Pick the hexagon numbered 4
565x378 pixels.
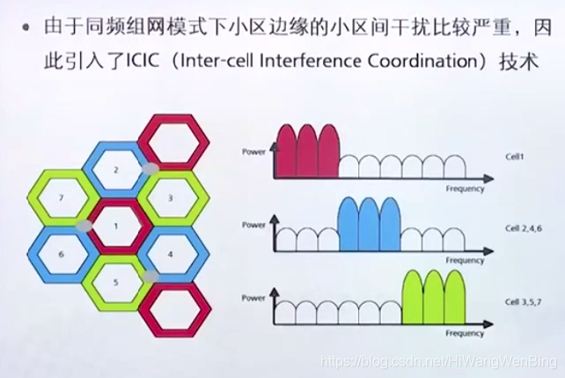(171, 254)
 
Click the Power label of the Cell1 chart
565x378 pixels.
(253, 152)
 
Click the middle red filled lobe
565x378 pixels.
(307, 152)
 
